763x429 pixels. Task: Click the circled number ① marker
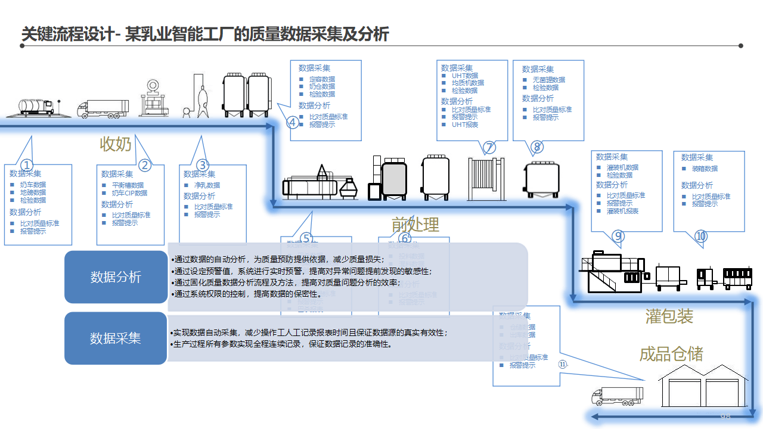pyautogui.click(x=27, y=165)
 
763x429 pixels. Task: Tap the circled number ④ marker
pyautogui.click(x=293, y=123)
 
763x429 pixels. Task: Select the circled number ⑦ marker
pyautogui.click(x=489, y=147)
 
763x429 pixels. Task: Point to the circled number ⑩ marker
pyautogui.click(x=701, y=237)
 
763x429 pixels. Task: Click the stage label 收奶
pyautogui.click(x=116, y=144)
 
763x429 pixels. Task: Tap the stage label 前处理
pyautogui.click(x=415, y=225)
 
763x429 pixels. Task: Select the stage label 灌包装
pyautogui.click(x=669, y=316)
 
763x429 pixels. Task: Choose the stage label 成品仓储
pyautogui.click(x=671, y=355)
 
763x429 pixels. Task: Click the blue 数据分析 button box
pyautogui.click(x=116, y=277)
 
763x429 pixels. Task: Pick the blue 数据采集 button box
pyautogui.click(x=116, y=338)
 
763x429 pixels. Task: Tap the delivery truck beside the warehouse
pyautogui.click(x=617, y=395)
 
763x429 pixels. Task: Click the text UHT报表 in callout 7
pyautogui.click(x=465, y=125)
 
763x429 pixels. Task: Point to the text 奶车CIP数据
pyautogui.click(x=129, y=193)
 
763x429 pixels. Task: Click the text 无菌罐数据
pyautogui.click(x=549, y=80)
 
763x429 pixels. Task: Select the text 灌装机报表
pyautogui.click(x=622, y=211)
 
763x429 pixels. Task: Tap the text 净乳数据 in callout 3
pyautogui.click(x=207, y=185)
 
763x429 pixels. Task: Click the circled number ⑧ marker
pyautogui.click(x=536, y=147)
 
